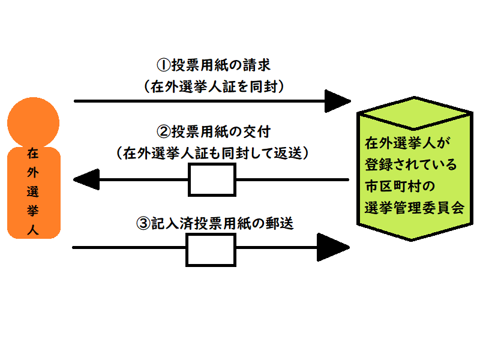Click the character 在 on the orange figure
click(34, 154)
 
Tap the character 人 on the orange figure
click(34, 229)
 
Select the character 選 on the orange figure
click(34, 192)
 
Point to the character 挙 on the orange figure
click(34, 211)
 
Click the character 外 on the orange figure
click(34, 173)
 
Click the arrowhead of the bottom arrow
click(333, 247)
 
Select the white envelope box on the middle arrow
click(212, 179)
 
